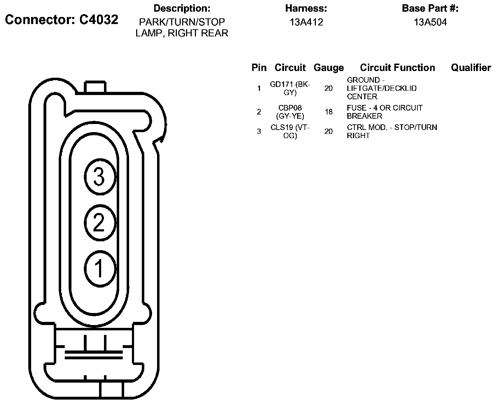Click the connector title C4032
[62, 19]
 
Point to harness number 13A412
[306, 22]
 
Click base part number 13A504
[430, 22]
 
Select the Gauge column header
[329, 68]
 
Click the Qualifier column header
[471, 68]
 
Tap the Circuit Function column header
[398, 68]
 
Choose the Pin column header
[259, 68]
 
